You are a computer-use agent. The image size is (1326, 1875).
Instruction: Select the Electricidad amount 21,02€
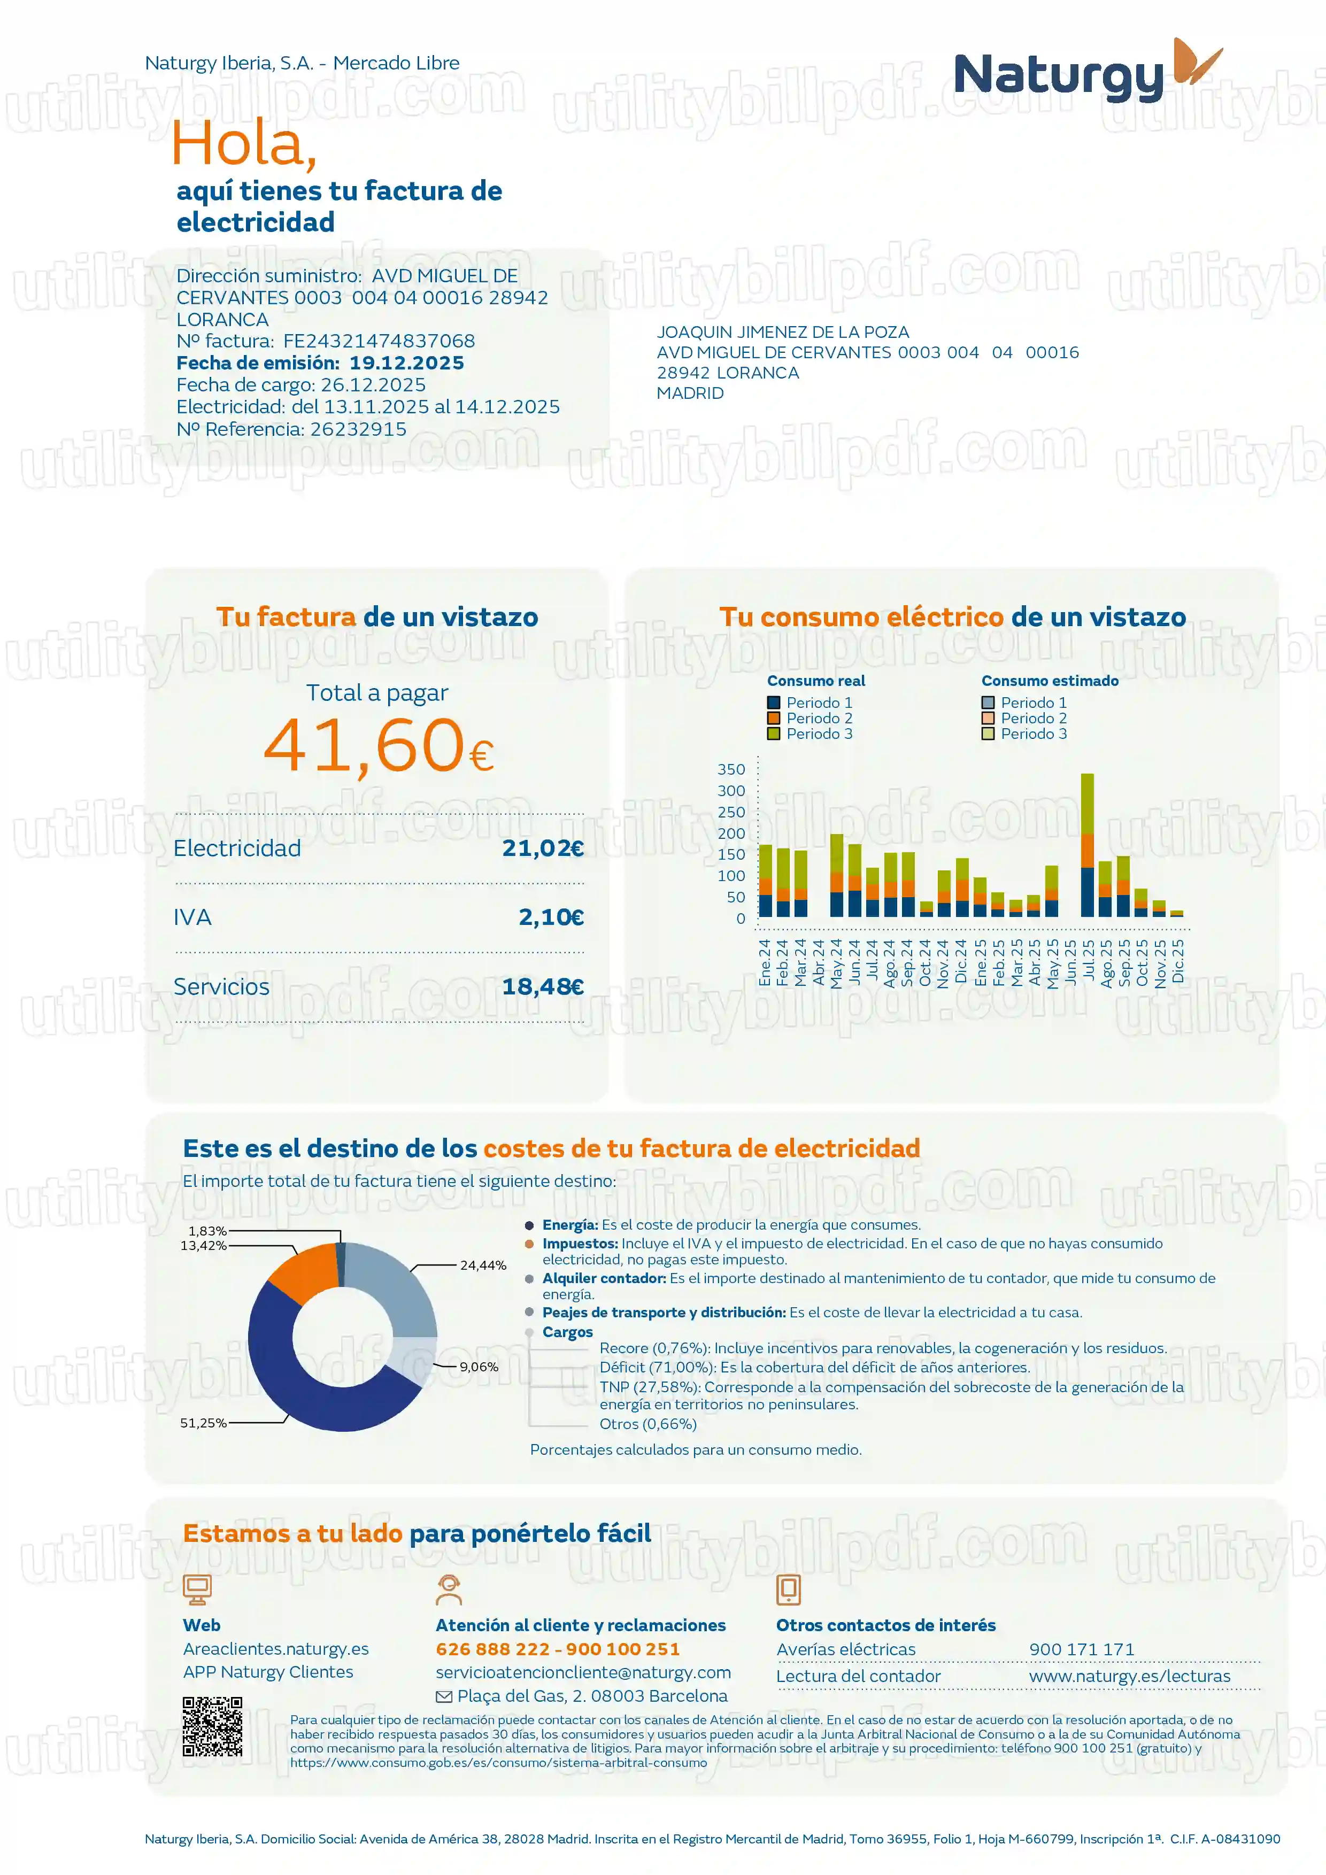point(542,848)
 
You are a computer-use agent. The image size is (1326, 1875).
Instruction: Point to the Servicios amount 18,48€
point(542,986)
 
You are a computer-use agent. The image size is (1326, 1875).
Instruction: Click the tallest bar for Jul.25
point(1088,845)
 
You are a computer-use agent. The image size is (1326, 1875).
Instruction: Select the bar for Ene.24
point(765,881)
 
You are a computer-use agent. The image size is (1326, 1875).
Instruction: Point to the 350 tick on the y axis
point(731,769)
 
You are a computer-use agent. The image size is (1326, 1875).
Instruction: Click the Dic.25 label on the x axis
point(1177,961)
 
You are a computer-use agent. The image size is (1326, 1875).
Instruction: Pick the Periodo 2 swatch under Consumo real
point(773,719)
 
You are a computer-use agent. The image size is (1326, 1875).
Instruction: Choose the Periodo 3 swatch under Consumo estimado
point(988,734)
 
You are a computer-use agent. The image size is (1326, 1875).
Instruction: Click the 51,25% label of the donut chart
point(203,1423)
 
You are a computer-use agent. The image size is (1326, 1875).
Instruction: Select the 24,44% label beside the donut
point(483,1265)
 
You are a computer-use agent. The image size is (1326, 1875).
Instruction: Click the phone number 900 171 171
point(1081,1649)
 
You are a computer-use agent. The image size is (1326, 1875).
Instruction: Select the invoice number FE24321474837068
point(379,341)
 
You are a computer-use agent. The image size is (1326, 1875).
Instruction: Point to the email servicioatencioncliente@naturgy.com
point(583,1672)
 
